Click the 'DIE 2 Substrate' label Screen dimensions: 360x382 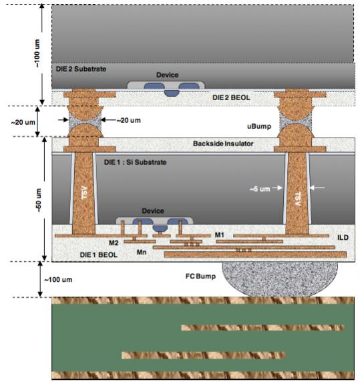(x=81, y=69)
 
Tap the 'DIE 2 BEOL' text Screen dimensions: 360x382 (x=231, y=98)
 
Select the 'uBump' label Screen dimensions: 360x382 (x=259, y=126)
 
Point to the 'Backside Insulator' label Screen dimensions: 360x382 (x=223, y=144)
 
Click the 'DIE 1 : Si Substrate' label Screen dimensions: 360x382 (x=135, y=162)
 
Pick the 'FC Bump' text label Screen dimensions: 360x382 (x=200, y=276)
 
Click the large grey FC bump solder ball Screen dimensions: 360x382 (x=280, y=278)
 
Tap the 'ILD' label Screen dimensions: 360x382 (x=343, y=237)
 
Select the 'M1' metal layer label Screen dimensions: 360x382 (x=220, y=235)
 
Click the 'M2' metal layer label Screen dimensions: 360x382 (x=114, y=243)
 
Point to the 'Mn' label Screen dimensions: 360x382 (x=142, y=252)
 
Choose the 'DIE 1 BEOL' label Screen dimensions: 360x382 (x=99, y=255)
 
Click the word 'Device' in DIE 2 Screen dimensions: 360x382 (x=168, y=75)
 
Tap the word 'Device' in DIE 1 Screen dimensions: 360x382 (x=153, y=211)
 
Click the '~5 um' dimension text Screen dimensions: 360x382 (x=260, y=189)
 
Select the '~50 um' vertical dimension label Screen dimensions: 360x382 (x=39, y=200)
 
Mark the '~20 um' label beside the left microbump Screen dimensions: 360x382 (x=129, y=120)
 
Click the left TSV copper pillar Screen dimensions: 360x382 (x=83, y=193)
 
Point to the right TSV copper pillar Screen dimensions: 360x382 (x=297, y=193)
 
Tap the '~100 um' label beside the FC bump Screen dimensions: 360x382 (x=58, y=279)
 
